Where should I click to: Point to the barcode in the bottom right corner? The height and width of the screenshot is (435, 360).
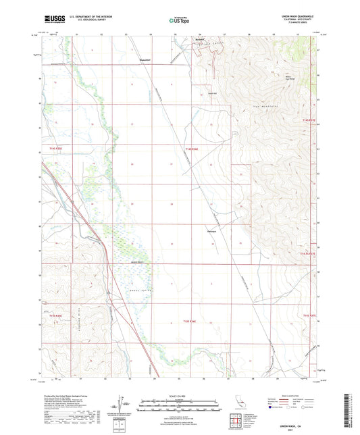point(352,411)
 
